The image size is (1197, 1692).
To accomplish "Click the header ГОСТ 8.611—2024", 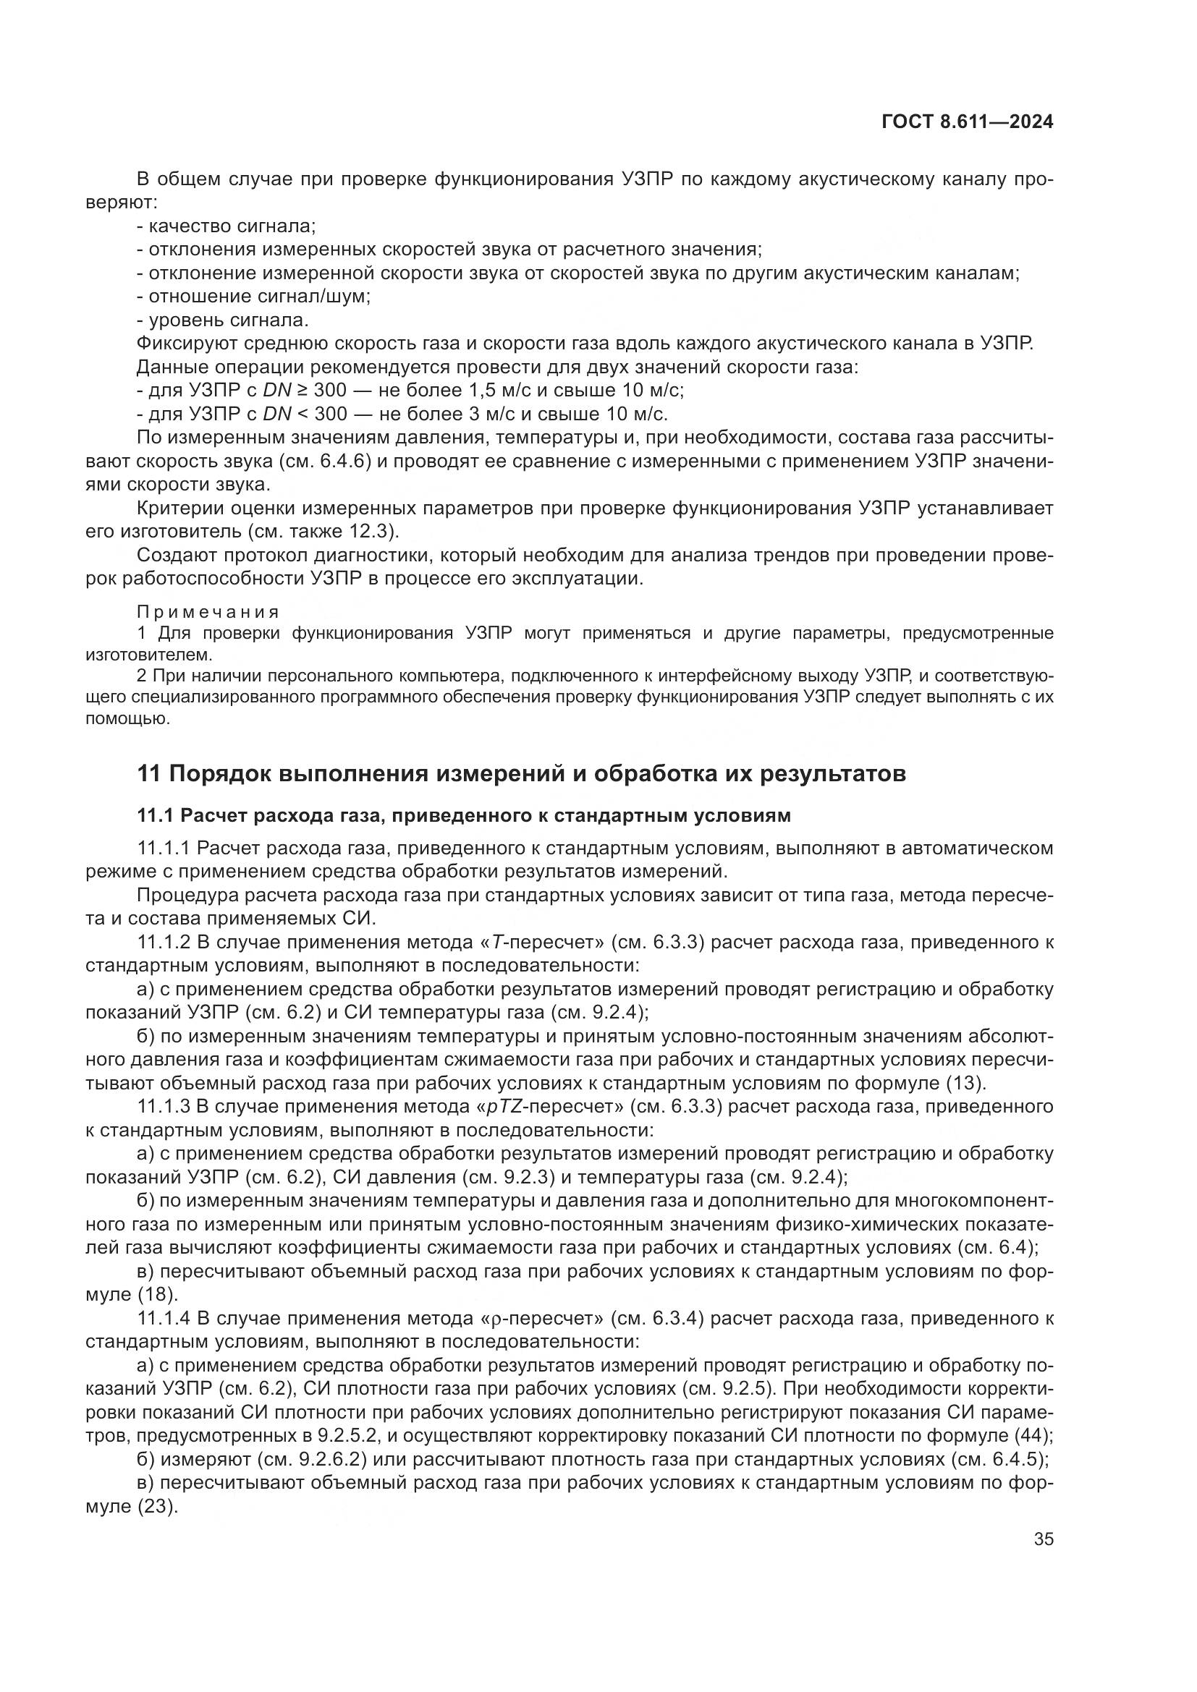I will [x=967, y=122].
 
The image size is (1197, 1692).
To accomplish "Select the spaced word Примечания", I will [x=208, y=612].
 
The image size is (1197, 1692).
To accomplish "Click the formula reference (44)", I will [x=1033, y=1435].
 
